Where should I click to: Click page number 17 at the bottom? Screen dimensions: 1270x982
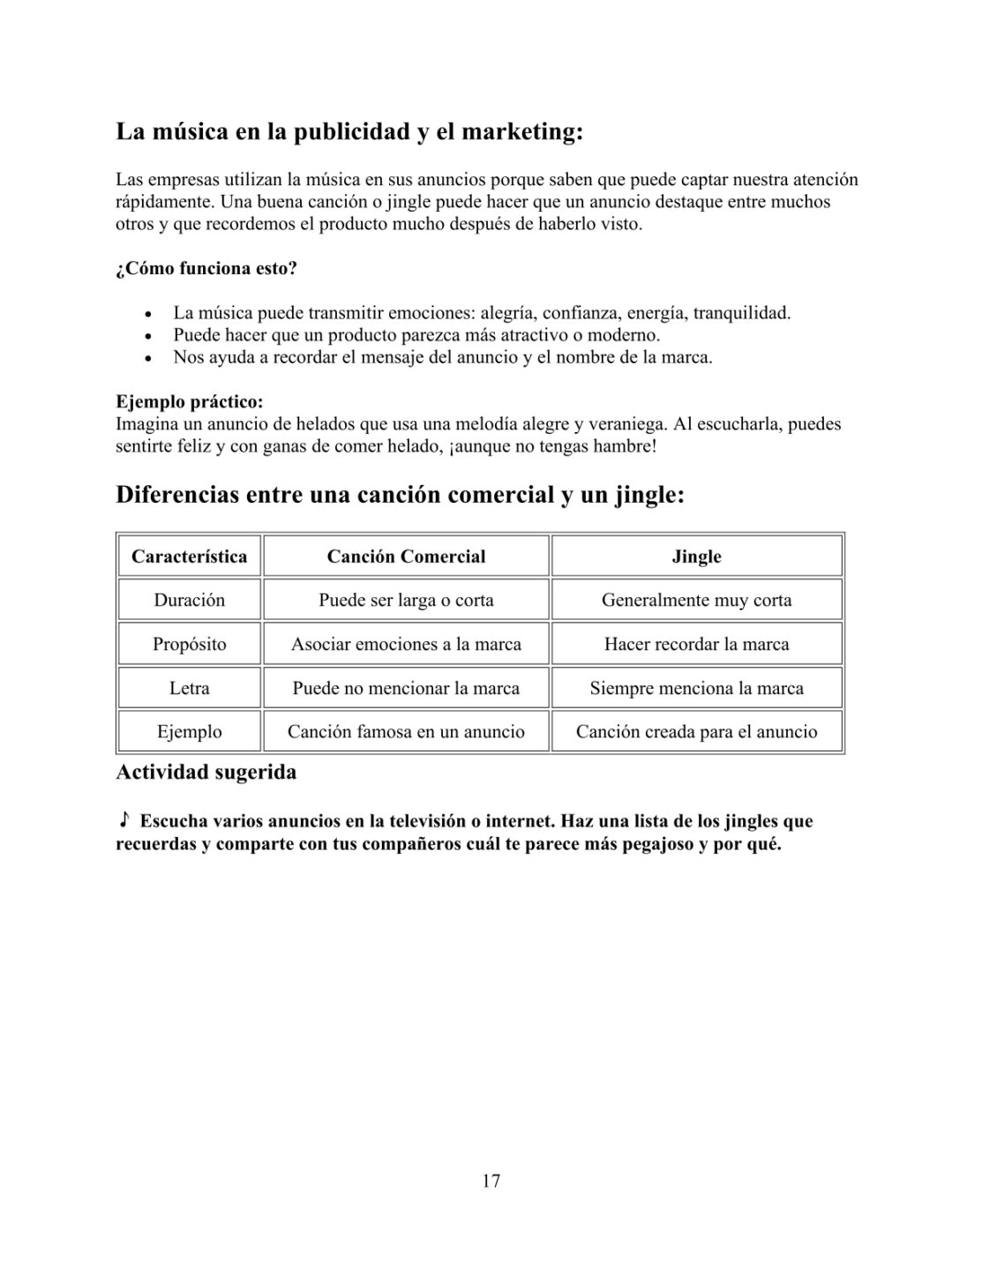click(491, 1181)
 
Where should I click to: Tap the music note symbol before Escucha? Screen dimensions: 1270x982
click(124, 820)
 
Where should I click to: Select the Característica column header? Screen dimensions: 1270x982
click(189, 557)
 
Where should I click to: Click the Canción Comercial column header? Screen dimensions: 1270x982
click(406, 557)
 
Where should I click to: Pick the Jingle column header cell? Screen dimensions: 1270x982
click(696, 557)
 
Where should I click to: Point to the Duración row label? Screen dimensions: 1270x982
click(189, 601)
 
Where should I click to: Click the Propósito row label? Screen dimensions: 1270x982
click(189, 644)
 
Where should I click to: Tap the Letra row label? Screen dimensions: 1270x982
click(189, 688)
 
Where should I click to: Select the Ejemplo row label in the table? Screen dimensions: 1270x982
click(189, 732)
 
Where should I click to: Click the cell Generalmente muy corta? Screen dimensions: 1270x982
click(696, 601)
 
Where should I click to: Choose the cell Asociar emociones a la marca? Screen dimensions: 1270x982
click(406, 644)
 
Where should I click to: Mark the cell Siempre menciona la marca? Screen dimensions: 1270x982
click(696, 688)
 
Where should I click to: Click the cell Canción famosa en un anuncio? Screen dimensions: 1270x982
click(406, 732)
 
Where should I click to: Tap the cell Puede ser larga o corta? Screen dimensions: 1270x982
click(406, 601)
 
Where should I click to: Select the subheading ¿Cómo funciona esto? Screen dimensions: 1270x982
click(206, 268)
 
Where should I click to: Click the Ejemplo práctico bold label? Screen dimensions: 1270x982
click(190, 402)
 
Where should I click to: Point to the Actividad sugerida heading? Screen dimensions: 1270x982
click(206, 773)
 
